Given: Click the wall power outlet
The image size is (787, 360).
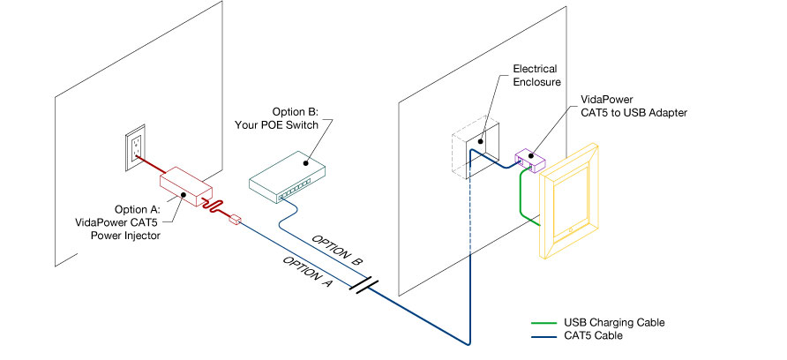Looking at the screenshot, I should [136, 146].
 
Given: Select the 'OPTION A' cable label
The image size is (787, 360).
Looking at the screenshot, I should [305, 274].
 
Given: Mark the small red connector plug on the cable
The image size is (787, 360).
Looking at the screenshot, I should [235, 218].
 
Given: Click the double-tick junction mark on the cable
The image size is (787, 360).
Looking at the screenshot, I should [362, 288].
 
